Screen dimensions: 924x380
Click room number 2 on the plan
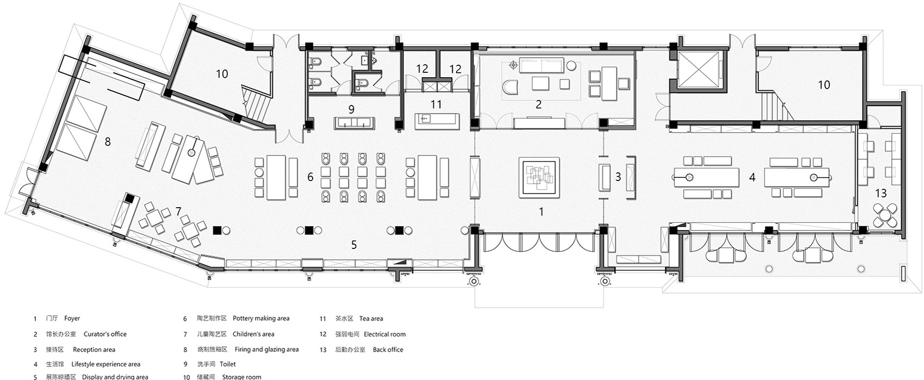point(538,104)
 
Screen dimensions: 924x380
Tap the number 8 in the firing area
point(108,142)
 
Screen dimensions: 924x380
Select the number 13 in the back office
point(881,193)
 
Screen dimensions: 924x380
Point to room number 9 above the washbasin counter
point(351,109)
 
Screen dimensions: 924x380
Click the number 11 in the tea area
point(436,104)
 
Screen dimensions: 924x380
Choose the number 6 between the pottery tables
point(310,177)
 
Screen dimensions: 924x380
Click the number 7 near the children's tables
point(178,211)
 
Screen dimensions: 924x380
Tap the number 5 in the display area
point(354,245)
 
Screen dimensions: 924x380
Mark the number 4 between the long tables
point(752,177)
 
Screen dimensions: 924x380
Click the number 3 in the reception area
point(618,177)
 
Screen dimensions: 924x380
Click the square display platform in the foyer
point(539,177)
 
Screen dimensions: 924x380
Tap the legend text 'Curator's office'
point(105,334)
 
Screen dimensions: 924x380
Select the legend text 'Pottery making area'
point(261,319)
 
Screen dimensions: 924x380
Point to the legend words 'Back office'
point(388,350)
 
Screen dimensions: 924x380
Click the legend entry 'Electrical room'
point(385,334)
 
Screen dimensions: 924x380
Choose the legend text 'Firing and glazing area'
point(267,350)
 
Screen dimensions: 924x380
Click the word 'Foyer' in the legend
point(72,319)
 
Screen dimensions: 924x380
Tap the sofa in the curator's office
point(541,65)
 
